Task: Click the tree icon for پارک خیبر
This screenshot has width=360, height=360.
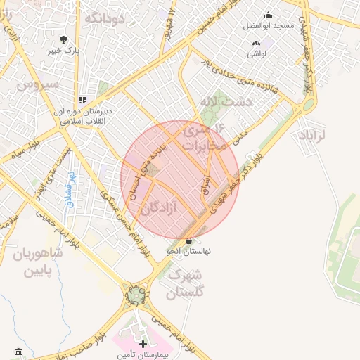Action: point(64,39)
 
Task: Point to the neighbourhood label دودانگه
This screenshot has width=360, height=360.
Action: point(104,18)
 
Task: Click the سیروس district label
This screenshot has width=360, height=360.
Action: point(33,85)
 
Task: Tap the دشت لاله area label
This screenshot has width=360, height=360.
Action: point(226,102)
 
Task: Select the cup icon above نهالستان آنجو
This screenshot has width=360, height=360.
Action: point(188,241)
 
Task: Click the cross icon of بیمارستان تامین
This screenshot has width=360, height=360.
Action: point(144,345)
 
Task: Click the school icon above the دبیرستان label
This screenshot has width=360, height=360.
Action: point(83,101)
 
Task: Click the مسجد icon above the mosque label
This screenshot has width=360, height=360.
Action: point(268,15)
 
